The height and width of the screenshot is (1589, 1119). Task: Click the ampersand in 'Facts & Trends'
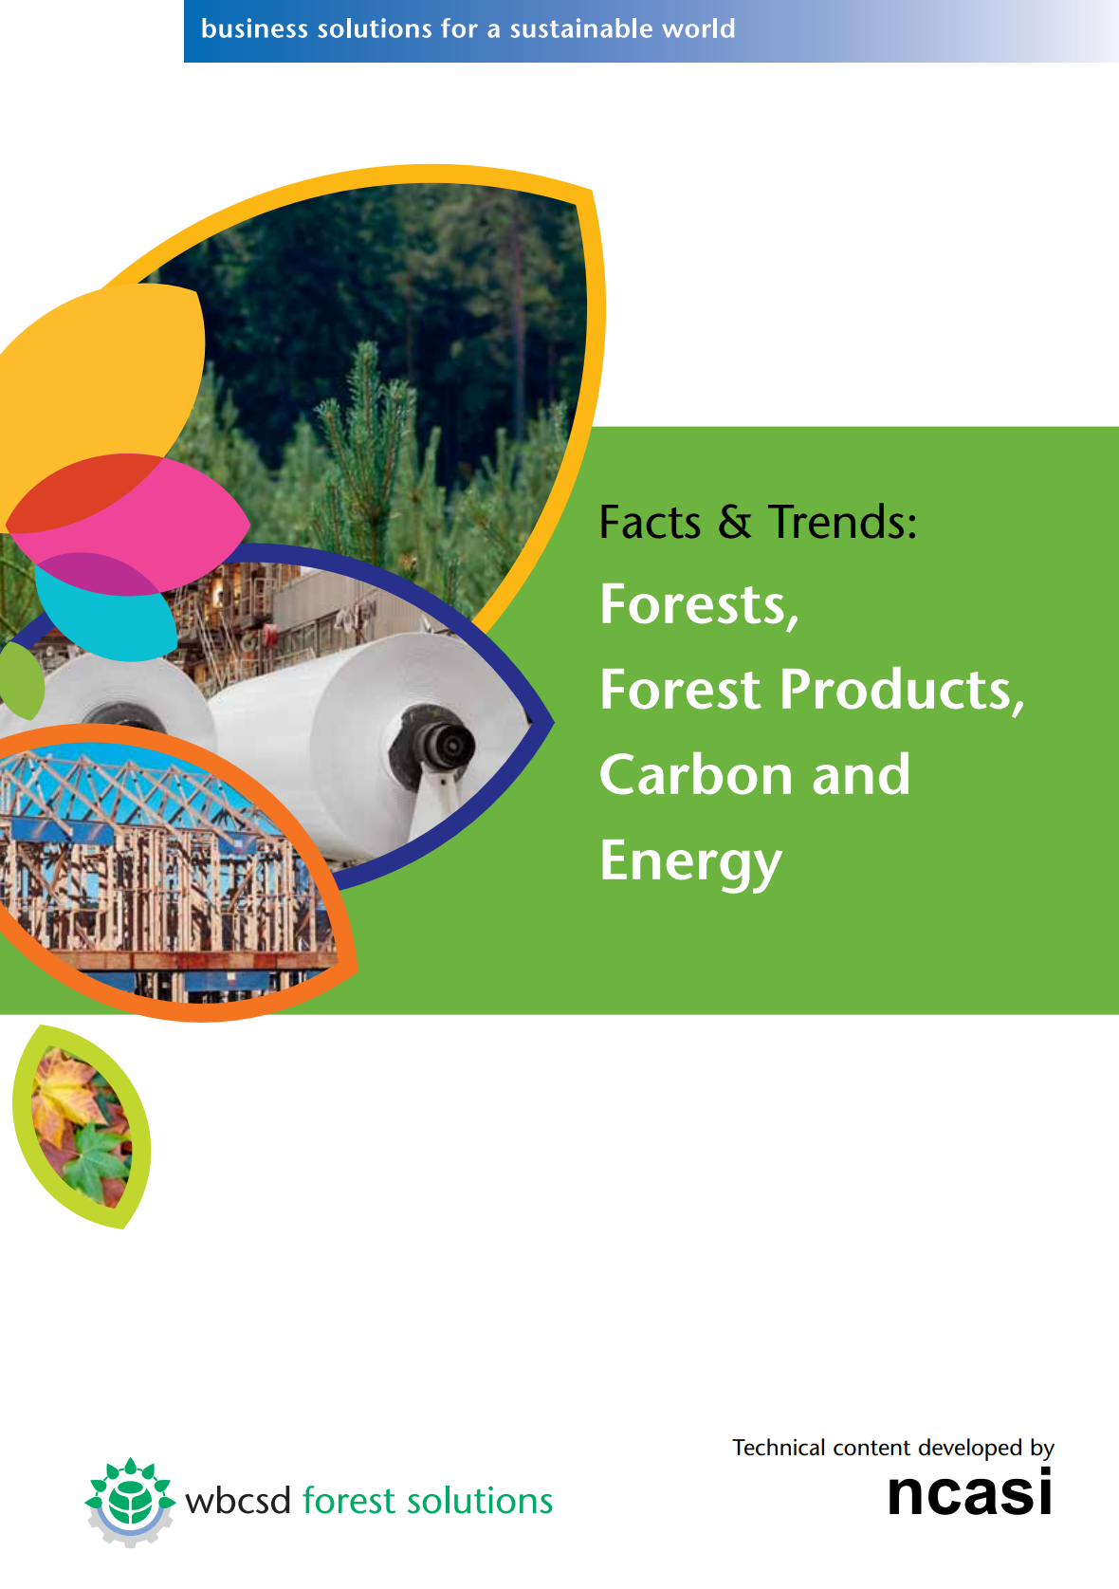pyautogui.click(x=734, y=522)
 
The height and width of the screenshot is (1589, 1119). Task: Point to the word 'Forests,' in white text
pyautogui.click(x=699, y=605)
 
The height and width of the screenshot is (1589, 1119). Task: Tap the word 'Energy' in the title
pyautogui.click(x=690, y=861)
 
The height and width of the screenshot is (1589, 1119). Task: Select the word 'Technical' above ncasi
pyautogui.click(x=779, y=1447)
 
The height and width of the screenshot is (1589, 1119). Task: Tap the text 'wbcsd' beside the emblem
pyautogui.click(x=238, y=1501)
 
